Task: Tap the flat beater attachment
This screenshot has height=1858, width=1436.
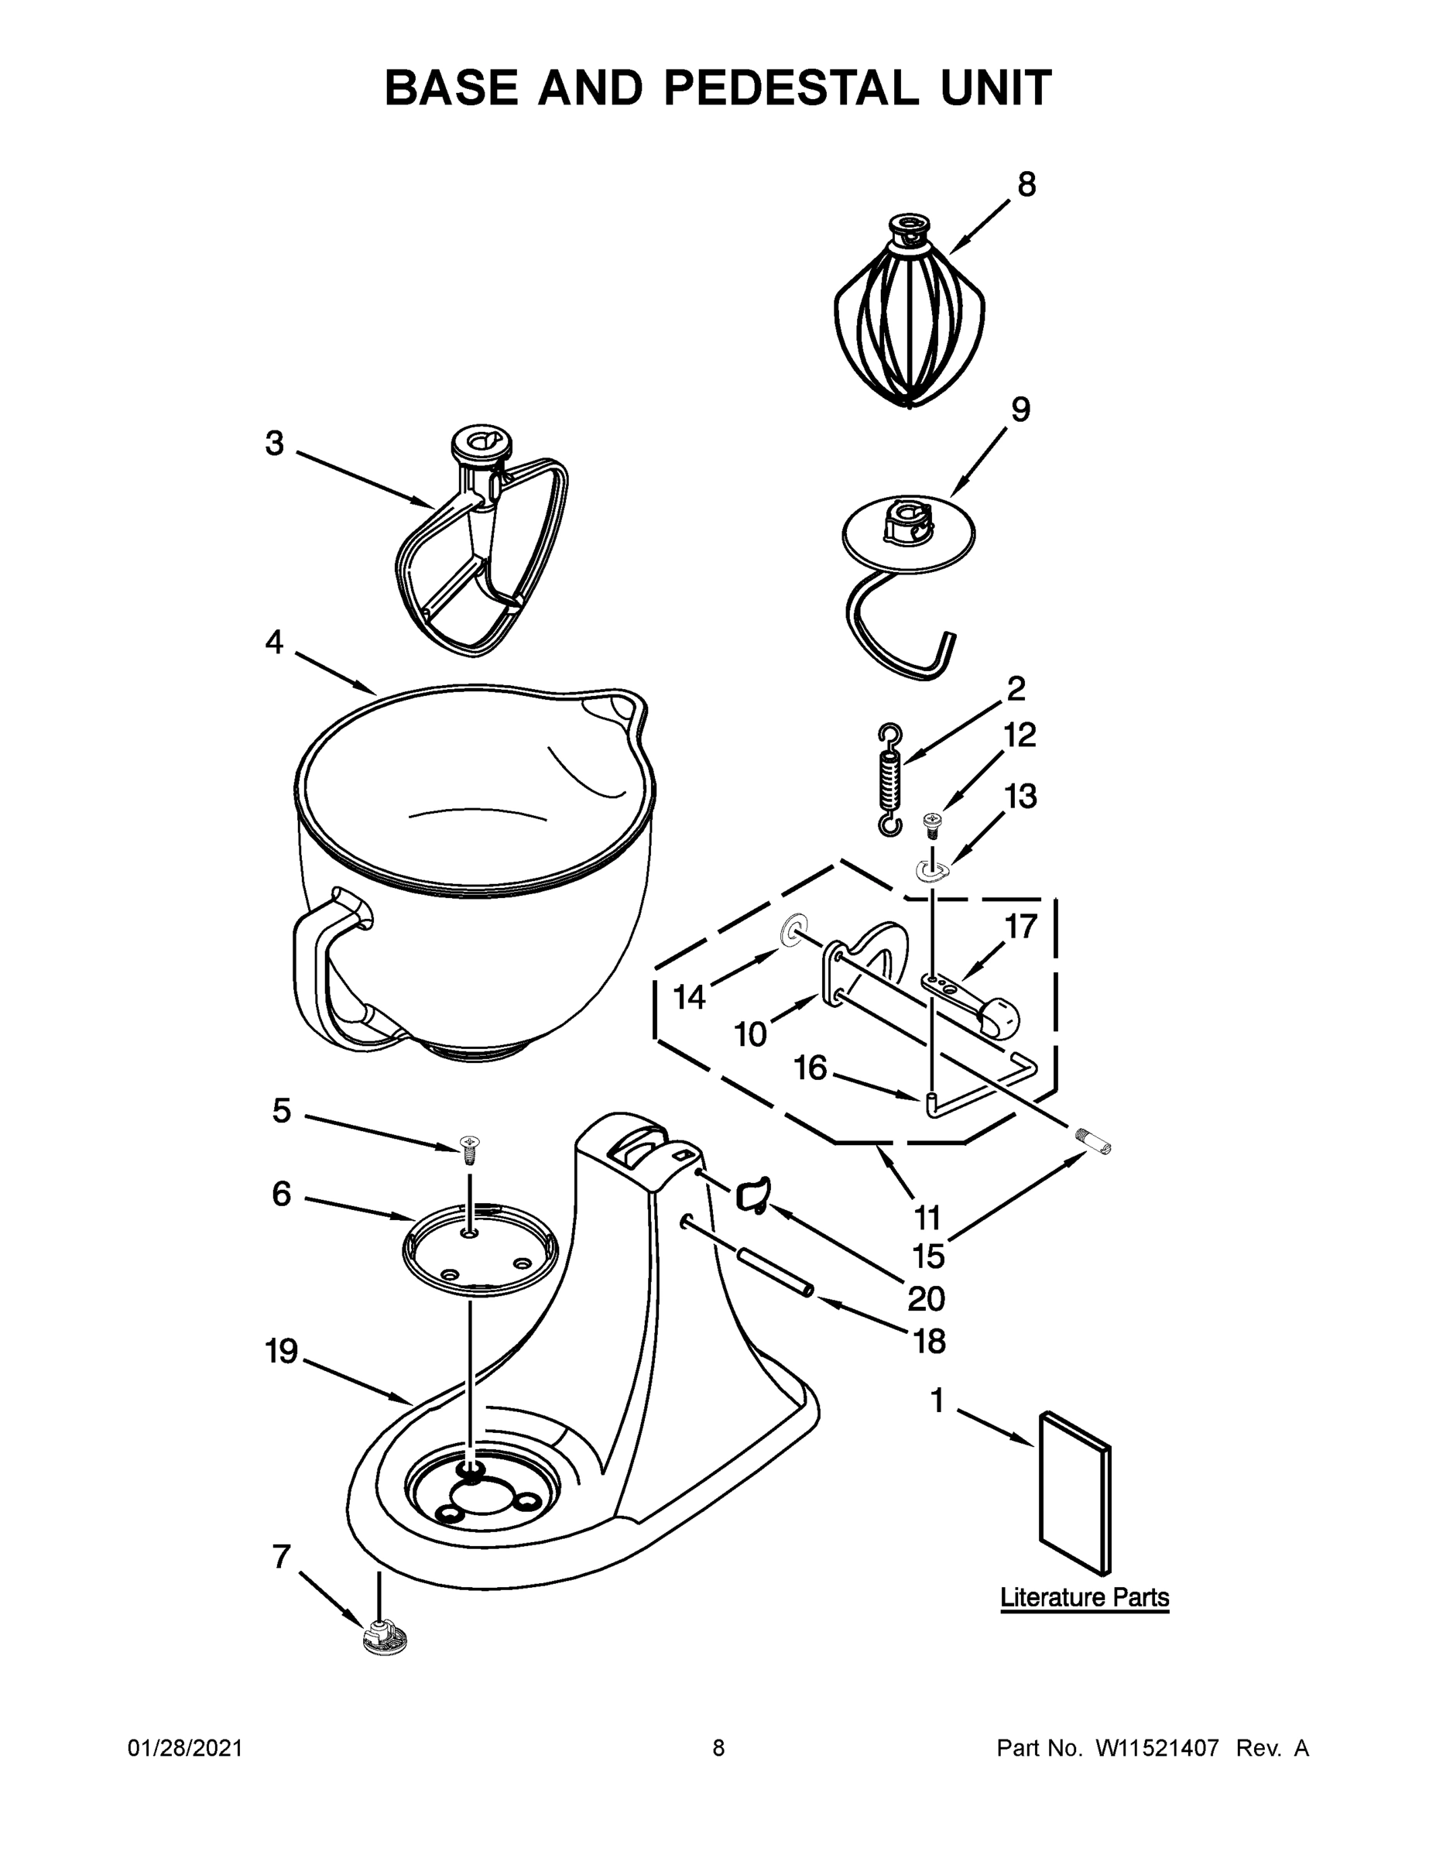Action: click(x=482, y=553)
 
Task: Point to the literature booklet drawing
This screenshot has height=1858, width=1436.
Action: click(x=1074, y=1493)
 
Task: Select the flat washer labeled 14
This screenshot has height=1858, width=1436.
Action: click(x=790, y=931)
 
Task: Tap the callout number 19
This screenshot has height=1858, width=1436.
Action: click(x=282, y=1350)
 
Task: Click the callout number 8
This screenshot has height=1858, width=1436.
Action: click(x=1026, y=183)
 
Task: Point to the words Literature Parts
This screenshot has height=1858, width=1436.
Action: click(x=1084, y=1598)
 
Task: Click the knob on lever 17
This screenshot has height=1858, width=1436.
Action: click(x=1001, y=1016)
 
